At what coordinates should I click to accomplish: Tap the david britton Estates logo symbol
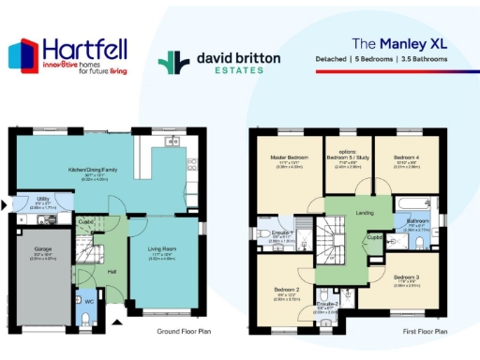(x=169, y=63)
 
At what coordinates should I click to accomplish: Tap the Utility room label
(x=43, y=200)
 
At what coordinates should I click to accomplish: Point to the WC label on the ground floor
(x=89, y=302)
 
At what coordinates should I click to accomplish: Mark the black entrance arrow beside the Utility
(x=7, y=204)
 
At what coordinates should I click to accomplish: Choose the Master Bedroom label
(x=292, y=157)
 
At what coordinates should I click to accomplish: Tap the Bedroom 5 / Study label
(x=349, y=157)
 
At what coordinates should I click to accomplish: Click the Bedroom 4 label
(x=406, y=157)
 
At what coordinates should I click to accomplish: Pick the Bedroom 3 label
(x=406, y=277)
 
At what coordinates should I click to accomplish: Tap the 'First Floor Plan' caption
(x=426, y=332)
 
